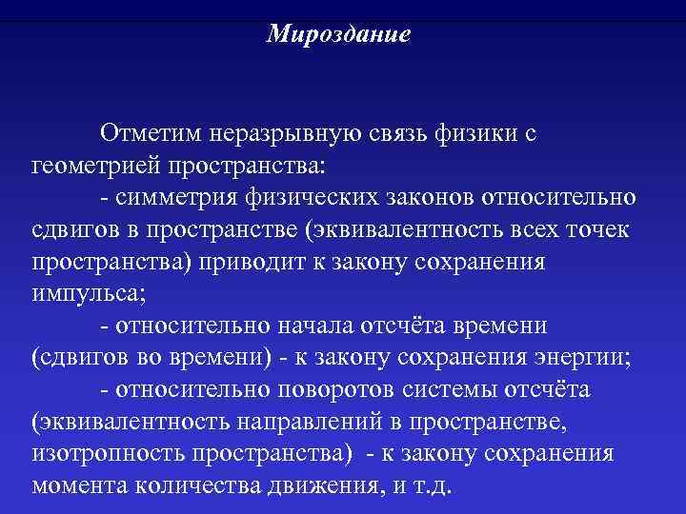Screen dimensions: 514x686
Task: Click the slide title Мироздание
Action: (x=338, y=34)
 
